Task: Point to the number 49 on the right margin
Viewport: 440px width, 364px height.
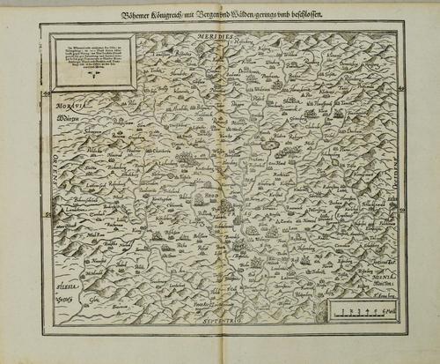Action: [x=400, y=86]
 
